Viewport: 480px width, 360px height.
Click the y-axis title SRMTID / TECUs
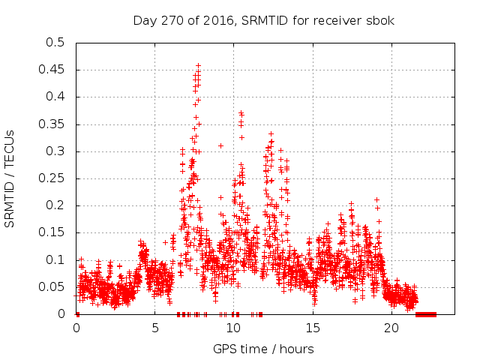[10, 178]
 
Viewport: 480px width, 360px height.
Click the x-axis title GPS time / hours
[263, 349]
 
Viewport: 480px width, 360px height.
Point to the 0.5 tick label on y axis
[55, 43]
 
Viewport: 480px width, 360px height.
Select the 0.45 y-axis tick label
[52, 70]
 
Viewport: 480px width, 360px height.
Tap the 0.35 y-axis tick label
[52, 124]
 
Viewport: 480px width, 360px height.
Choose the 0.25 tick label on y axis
[52, 178]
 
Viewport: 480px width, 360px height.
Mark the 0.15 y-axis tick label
[52, 233]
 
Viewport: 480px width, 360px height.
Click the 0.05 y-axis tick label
[52, 287]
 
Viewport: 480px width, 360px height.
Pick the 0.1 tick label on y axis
[55, 260]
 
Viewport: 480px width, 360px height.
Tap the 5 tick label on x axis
[155, 328]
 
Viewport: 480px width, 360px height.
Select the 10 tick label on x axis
[234, 328]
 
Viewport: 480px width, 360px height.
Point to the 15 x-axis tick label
[313, 328]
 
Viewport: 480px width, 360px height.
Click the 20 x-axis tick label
[391, 328]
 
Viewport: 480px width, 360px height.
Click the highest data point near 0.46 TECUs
[198, 65]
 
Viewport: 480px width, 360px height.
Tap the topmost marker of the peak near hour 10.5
[241, 112]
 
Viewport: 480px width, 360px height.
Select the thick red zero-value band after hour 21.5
[425, 314]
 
